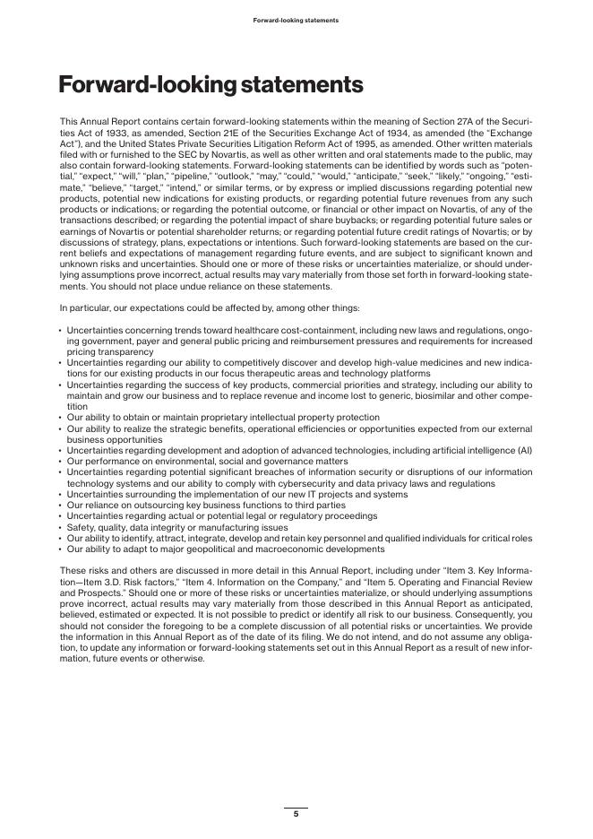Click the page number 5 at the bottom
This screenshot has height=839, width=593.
tap(296, 814)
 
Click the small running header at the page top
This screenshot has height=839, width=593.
tap(296, 20)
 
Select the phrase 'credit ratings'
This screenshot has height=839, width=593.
tap(381, 229)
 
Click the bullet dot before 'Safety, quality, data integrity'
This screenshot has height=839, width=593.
tap(60, 527)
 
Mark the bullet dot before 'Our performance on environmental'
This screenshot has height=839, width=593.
tap(60, 461)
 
